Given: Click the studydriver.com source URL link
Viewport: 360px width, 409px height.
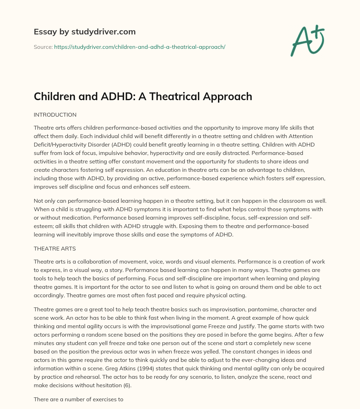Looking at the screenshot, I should tap(140, 47).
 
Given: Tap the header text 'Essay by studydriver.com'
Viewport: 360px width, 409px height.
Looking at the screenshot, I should tap(84, 32).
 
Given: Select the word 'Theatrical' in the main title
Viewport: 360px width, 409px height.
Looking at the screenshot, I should tap(181, 96).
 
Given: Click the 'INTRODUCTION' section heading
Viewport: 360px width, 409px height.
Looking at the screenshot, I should tap(55, 115).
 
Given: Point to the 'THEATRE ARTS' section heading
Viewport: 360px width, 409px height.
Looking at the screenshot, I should tap(54, 248).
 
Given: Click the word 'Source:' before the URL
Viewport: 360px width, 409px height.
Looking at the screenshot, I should tap(43, 47).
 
